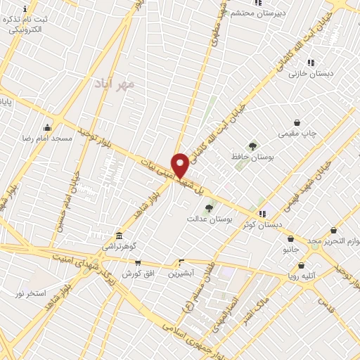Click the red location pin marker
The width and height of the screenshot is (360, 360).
point(180,165)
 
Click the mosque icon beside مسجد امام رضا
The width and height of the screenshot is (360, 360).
point(47,127)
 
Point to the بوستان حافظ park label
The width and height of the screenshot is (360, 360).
point(252,157)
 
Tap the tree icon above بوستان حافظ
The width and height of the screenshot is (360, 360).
point(252,146)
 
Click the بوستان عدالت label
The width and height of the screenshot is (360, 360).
point(209,219)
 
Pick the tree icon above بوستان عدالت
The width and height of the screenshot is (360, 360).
point(209,208)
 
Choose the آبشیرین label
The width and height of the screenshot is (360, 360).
point(181,273)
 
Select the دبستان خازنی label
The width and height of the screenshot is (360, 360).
point(312,73)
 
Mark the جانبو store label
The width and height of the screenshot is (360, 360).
point(290,249)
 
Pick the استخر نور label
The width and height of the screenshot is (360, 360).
point(30,292)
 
